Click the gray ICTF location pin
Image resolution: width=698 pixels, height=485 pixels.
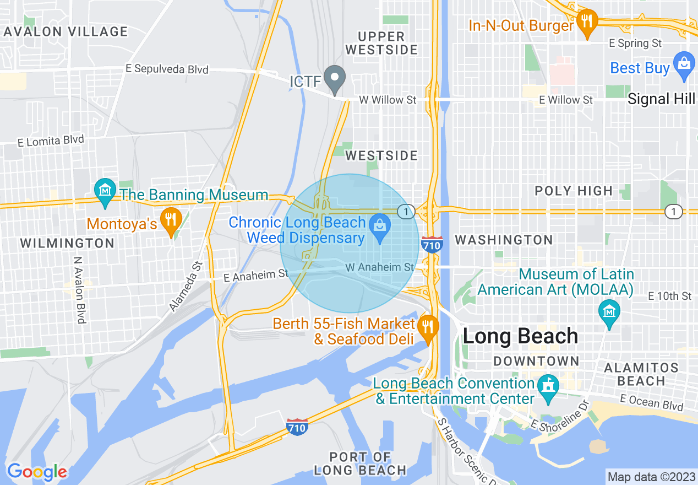pyautogui.click(x=334, y=78)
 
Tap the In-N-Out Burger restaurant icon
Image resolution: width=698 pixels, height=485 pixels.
pyautogui.click(x=588, y=23)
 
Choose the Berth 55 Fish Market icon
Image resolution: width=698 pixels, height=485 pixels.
pyautogui.click(x=427, y=325)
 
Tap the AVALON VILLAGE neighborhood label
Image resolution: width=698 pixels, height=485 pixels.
pyautogui.click(x=66, y=31)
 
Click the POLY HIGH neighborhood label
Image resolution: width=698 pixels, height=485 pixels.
pyautogui.click(x=574, y=191)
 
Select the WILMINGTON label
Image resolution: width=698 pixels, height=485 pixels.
pyautogui.click(x=67, y=243)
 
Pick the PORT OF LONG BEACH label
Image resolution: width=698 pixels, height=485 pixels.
pyautogui.click(x=360, y=464)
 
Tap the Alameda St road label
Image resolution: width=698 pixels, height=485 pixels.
pyautogui.click(x=186, y=287)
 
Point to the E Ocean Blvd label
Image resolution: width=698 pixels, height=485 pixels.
pyautogui.click(x=652, y=402)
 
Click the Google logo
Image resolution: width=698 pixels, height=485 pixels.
pyautogui.click(x=37, y=471)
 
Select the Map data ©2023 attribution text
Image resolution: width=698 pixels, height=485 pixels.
pyautogui.click(x=650, y=476)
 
